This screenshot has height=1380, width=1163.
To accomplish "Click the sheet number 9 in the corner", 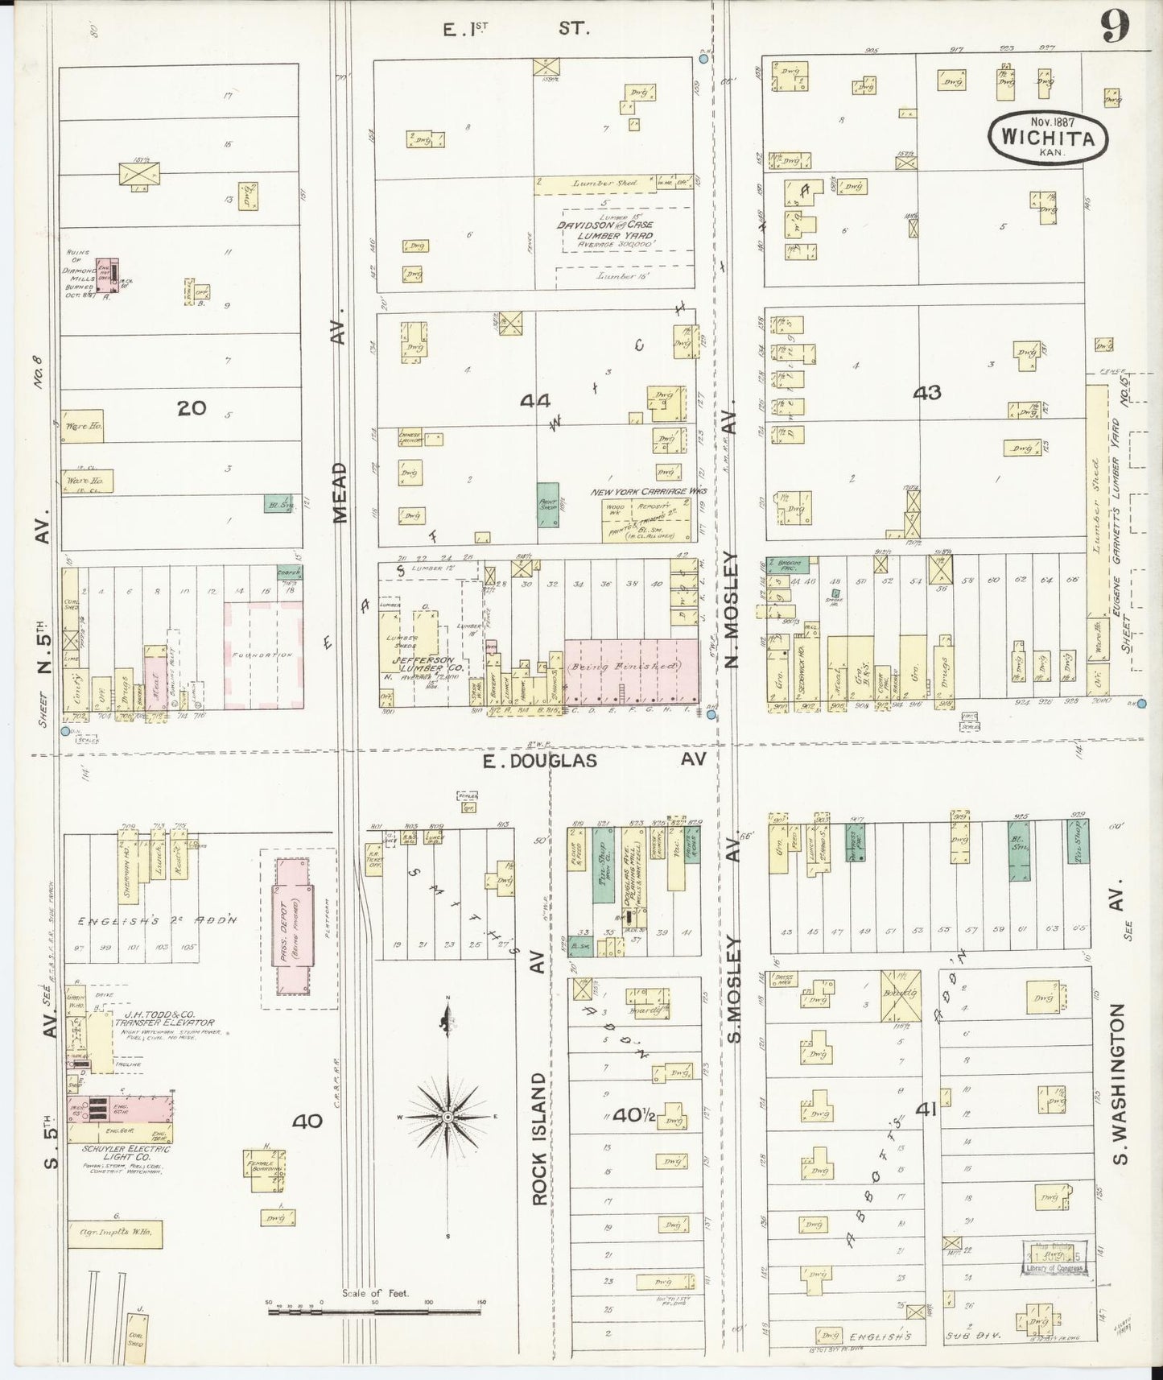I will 1115,29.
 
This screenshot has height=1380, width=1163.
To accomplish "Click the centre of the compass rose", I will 447,1117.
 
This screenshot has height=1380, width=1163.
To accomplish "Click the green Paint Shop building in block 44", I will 547,504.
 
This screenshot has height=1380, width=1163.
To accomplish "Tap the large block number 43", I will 926,392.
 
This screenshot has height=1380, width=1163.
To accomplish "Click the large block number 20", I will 192,408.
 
